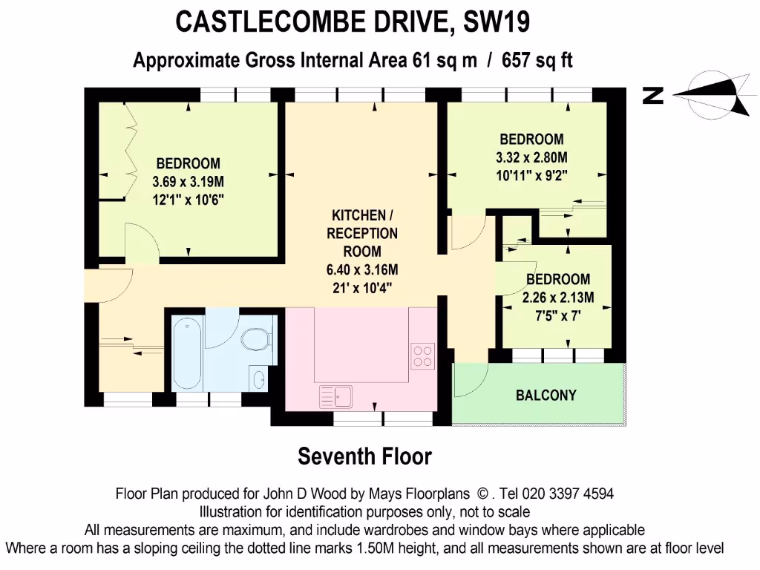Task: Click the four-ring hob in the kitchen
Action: pos(423,356)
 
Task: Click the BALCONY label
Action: pos(546,395)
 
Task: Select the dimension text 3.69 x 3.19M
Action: pos(188,181)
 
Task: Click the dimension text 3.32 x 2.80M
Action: pos(531,157)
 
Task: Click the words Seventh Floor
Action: pos(364,456)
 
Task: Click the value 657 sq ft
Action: pos(537,61)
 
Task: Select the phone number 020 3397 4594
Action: pos(568,494)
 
